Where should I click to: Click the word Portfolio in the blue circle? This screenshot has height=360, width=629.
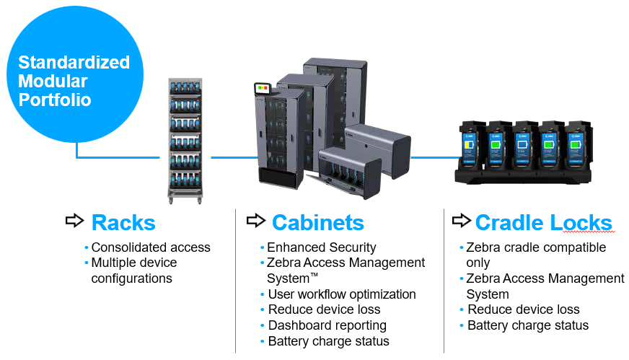(55, 100)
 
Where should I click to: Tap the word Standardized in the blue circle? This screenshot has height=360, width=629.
(74, 62)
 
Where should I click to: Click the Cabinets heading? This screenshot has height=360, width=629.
(317, 222)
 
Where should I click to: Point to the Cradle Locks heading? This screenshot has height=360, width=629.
(543, 222)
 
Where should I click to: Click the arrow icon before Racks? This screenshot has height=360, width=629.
(74, 221)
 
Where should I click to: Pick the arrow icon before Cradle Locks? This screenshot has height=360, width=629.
(462, 221)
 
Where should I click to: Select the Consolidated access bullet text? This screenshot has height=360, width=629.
(150, 247)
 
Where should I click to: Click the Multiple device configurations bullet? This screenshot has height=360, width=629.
(133, 270)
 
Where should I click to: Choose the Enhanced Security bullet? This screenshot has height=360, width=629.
(322, 247)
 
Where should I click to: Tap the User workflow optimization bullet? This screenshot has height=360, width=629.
(341, 294)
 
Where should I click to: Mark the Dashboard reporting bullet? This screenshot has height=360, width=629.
(327, 325)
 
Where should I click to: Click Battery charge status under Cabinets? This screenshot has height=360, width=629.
(328, 341)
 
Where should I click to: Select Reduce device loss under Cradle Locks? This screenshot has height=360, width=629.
(523, 309)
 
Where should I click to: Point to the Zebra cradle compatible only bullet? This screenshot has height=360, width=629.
(535, 255)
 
